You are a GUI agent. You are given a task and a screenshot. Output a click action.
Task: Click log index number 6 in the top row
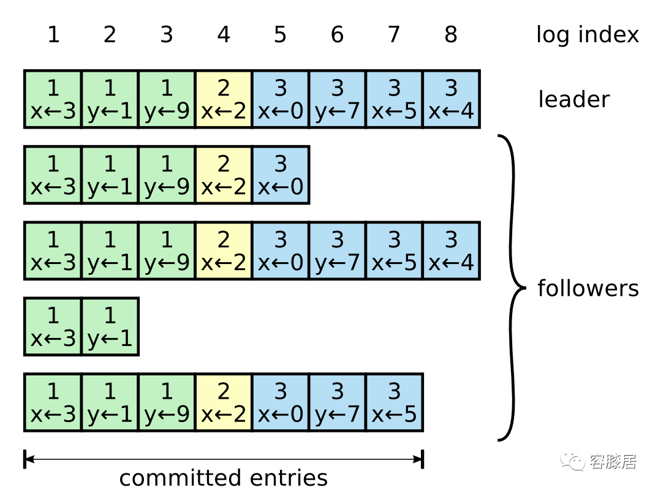(338, 34)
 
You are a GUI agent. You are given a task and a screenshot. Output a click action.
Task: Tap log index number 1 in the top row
(53, 34)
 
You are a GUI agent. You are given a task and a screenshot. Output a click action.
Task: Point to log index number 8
(451, 34)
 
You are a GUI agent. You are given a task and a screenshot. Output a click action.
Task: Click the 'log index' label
(588, 34)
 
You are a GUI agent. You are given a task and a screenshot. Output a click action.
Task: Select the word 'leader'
(573, 99)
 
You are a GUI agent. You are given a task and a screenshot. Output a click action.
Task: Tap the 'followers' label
(588, 288)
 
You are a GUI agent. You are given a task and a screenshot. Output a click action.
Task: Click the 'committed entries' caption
(223, 478)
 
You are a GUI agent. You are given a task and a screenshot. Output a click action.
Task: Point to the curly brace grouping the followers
(512, 288)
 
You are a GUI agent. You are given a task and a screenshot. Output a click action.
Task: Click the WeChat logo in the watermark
(572, 461)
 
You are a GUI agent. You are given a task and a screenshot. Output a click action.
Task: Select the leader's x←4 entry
(451, 99)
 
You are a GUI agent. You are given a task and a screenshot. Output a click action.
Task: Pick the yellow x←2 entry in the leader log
(224, 99)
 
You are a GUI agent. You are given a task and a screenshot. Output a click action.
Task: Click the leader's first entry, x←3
(53, 99)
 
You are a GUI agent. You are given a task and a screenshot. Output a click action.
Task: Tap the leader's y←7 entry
(338, 99)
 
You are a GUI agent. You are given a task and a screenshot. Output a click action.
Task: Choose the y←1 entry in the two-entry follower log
(110, 326)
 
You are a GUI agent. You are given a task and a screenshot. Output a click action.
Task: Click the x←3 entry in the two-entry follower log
(53, 326)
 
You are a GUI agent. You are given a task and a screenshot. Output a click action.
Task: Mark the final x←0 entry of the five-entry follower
(281, 175)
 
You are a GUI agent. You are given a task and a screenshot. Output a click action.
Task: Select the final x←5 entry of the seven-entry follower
(394, 402)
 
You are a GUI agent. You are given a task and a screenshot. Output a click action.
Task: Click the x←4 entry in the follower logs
(451, 251)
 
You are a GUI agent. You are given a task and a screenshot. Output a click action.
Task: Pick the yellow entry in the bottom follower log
(224, 402)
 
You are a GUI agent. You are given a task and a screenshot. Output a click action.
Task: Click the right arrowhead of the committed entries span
(419, 459)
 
